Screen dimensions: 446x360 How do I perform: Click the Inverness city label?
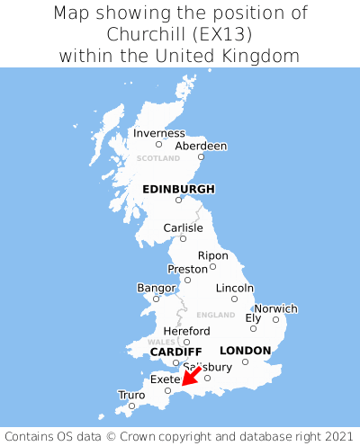[159, 133]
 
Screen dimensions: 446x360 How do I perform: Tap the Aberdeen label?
[201, 146]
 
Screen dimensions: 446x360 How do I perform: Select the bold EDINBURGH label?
[178, 189]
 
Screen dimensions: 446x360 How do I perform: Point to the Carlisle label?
[183, 227]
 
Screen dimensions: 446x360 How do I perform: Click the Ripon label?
[212, 255]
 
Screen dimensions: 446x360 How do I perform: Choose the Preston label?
[188, 269]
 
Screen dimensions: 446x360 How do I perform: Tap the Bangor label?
[156, 288]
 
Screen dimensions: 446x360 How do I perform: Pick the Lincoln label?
[235, 288]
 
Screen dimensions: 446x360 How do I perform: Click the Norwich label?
[275, 308]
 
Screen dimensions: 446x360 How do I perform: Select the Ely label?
[253, 317]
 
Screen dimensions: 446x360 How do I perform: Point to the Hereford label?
[186, 331]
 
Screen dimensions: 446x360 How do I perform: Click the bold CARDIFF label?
[175, 351]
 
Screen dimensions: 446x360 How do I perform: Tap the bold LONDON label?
[245, 350]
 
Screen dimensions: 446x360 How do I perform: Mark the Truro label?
[131, 395]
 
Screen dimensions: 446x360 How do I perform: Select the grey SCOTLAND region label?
[158, 158]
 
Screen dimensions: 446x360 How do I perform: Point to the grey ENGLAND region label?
[215, 315]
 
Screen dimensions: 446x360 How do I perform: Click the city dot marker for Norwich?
[276, 319]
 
